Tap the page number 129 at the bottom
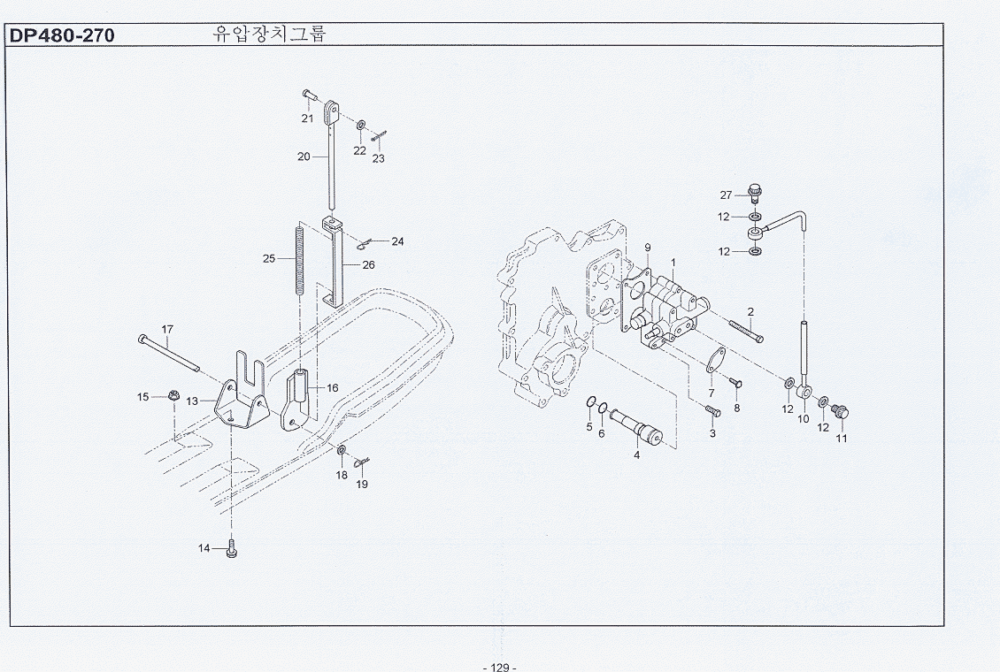click(x=500, y=667)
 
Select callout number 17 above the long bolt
click(x=167, y=329)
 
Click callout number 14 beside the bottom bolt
click(x=204, y=548)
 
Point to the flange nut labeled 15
click(x=173, y=396)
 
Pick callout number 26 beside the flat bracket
click(x=369, y=265)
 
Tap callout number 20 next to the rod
click(x=304, y=156)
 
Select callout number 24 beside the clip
click(x=397, y=241)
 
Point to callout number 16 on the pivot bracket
click(x=332, y=388)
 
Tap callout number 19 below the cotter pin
click(x=362, y=484)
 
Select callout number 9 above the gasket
click(x=647, y=248)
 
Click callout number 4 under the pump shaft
click(x=636, y=454)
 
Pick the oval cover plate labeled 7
click(x=715, y=360)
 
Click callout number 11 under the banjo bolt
click(x=842, y=439)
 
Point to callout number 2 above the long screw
click(x=750, y=312)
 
